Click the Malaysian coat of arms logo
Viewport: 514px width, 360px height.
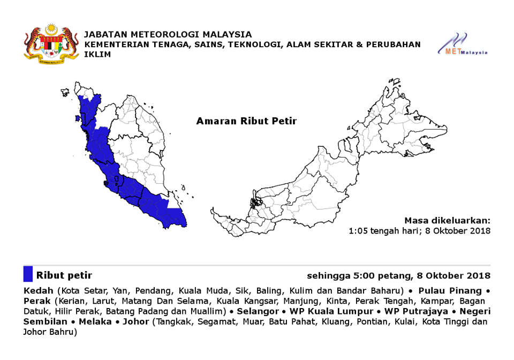(51, 43)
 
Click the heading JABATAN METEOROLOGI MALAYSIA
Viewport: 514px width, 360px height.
(168, 34)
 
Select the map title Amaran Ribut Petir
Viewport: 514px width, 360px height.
(246, 121)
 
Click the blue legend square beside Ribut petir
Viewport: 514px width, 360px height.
(28, 274)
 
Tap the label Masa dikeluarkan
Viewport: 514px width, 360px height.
(447, 220)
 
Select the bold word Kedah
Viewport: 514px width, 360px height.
(38, 291)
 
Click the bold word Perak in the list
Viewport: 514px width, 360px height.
(37, 301)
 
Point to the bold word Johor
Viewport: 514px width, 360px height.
(136, 321)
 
